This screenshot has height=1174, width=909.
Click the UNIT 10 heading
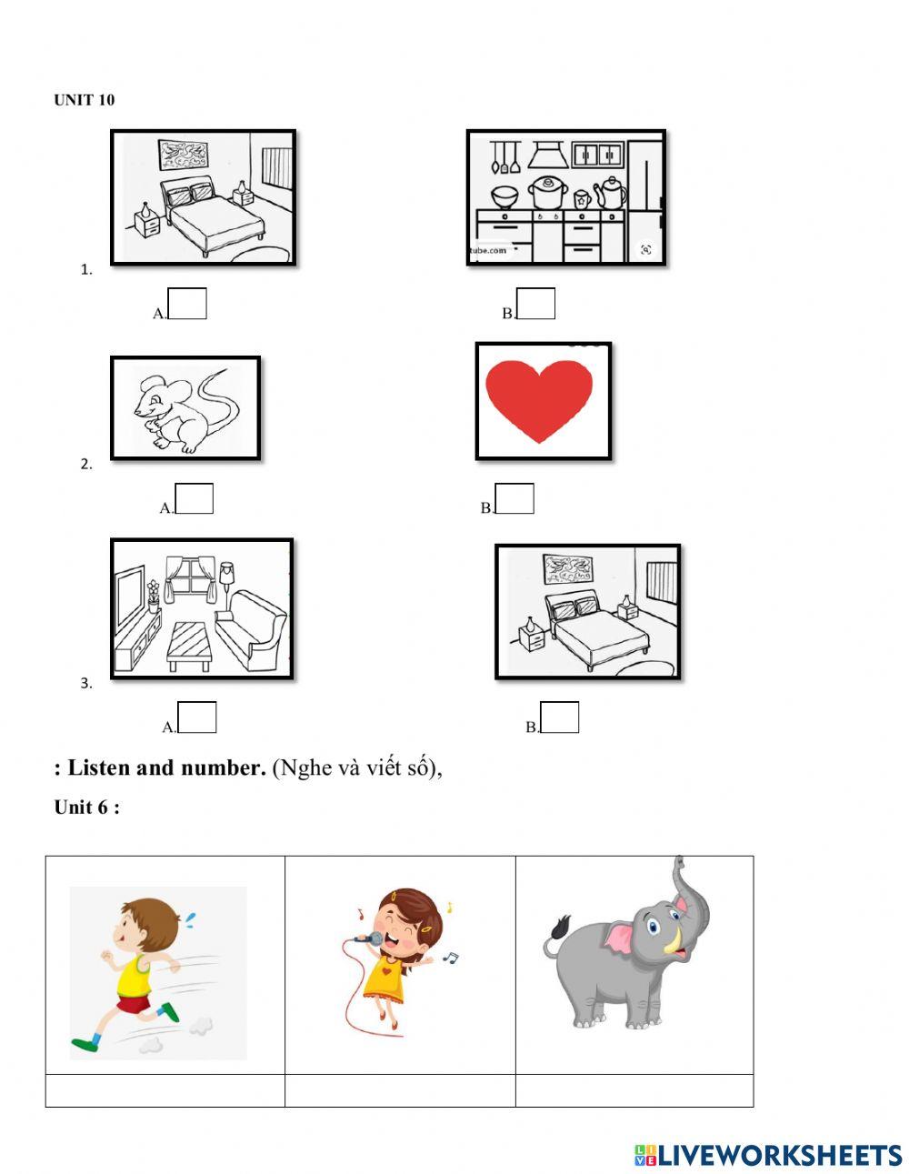pos(85,100)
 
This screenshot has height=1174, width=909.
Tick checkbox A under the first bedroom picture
pos(188,304)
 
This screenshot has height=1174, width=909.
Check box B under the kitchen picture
pos(536,304)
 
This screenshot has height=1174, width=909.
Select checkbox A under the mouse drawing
pos(195,499)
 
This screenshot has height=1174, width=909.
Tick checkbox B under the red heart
pos(515,499)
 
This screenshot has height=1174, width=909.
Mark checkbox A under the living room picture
pos(197,717)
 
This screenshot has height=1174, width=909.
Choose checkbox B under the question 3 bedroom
pos(560,717)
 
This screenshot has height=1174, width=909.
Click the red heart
pos(539,400)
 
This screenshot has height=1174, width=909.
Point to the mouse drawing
pos(185,408)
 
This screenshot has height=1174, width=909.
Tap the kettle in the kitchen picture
pos(611,191)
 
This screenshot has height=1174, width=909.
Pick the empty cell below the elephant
pos(634,1090)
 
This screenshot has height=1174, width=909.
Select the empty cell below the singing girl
pos(400,1090)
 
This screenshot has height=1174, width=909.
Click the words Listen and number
pos(166,768)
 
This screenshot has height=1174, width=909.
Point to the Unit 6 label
pos(86,808)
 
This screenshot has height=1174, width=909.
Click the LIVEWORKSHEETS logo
pos(768,1155)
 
